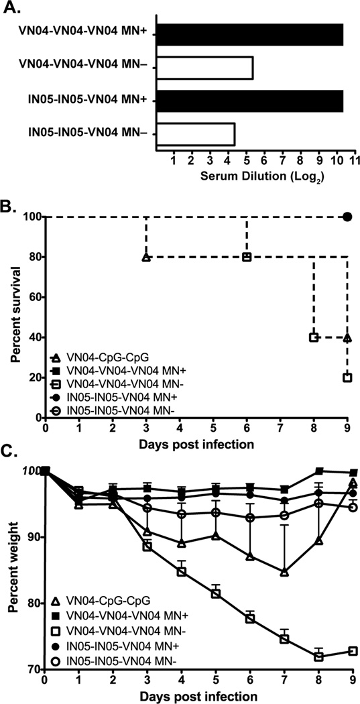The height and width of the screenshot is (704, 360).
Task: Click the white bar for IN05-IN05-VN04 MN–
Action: tap(195, 134)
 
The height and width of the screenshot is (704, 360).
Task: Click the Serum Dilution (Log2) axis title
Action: tap(255, 177)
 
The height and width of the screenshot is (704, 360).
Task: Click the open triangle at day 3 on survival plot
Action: tap(146, 257)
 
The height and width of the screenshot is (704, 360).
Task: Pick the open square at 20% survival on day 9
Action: tap(347, 377)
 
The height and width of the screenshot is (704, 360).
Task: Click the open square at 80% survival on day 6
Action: tap(247, 257)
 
